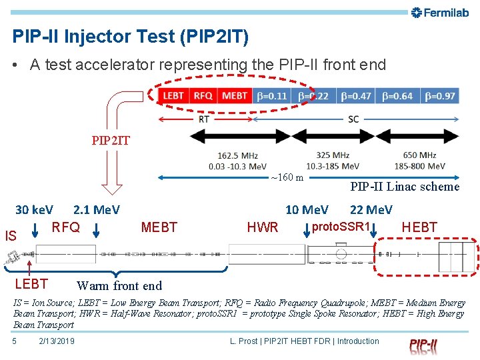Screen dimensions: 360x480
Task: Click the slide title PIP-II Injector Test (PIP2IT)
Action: click(131, 37)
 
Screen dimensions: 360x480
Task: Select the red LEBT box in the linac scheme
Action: click(173, 96)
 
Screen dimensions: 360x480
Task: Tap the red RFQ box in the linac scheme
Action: click(203, 96)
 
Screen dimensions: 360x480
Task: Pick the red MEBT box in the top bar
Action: click(234, 96)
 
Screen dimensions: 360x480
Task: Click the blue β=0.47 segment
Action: click(356, 96)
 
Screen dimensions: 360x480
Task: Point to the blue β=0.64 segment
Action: click(397, 96)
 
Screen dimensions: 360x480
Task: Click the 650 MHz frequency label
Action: click(419, 156)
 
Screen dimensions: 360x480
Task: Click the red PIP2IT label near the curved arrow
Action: click(111, 141)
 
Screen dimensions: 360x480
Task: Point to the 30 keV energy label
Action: click(35, 210)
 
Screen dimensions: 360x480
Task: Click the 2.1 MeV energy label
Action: click(97, 210)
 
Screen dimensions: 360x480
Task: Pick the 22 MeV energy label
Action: click(371, 210)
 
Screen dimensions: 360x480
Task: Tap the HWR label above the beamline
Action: click(263, 228)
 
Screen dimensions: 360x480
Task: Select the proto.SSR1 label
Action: click(341, 227)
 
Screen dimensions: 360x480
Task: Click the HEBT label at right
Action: click(420, 227)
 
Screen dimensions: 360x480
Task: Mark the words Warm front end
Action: click(119, 286)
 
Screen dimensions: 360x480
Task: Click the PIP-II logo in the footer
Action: click(423, 345)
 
